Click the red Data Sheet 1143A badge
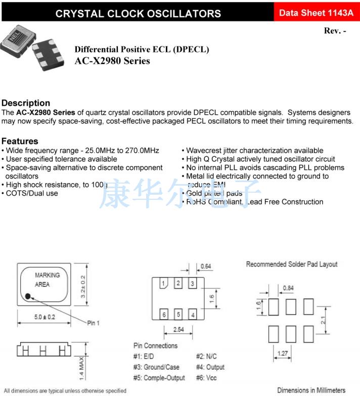(x=316, y=13)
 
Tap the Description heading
(x=26, y=103)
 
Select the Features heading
(x=20, y=141)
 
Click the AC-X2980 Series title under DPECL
(x=112, y=61)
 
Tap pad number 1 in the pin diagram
(x=164, y=284)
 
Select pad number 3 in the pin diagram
(x=192, y=284)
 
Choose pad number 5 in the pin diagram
(x=178, y=314)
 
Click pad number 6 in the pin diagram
(x=164, y=314)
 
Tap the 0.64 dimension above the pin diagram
(x=206, y=267)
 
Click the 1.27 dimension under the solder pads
(x=283, y=354)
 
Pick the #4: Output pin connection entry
(x=210, y=367)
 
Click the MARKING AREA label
(x=47, y=280)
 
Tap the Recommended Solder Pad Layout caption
(x=291, y=265)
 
